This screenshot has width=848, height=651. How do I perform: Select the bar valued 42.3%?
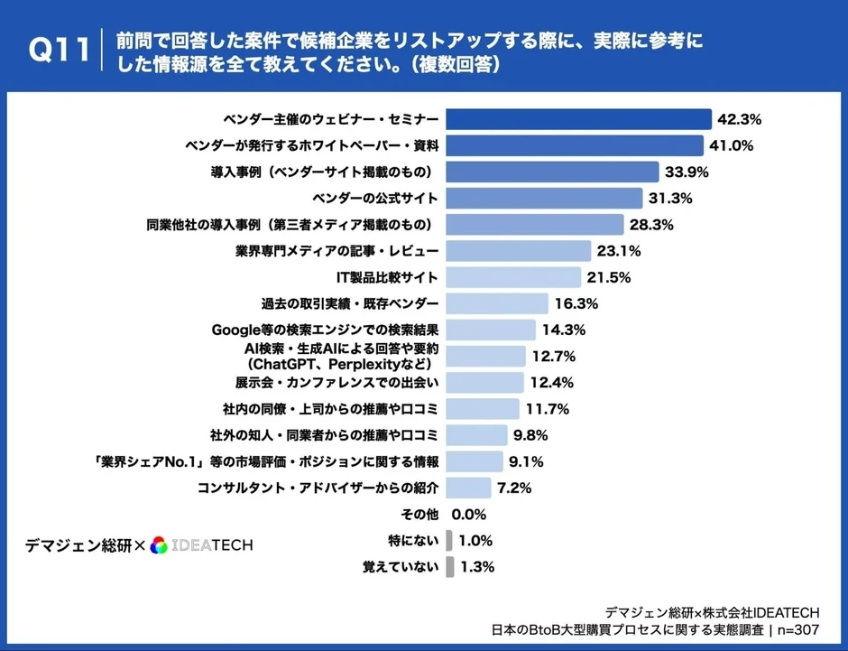pyautogui.click(x=579, y=119)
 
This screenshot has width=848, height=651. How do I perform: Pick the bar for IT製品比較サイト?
pyautogui.click(x=513, y=277)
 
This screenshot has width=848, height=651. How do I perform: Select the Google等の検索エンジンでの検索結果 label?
pyautogui.click(x=325, y=330)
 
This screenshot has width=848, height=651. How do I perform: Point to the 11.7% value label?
pyautogui.click(x=547, y=409)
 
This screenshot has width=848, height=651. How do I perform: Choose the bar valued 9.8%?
pyautogui.click(x=477, y=435)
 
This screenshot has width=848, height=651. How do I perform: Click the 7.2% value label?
pyautogui.click(x=513, y=488)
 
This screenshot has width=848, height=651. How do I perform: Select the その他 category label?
pyautogui.click(x=419, y=514)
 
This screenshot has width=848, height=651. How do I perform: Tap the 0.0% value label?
pyautogui.click(x=468, y=514)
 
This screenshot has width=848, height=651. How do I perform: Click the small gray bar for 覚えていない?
pyautogui.click(x=449, y=567)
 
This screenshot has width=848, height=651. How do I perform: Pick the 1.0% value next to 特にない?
pyautogui.click(x=475, y=541)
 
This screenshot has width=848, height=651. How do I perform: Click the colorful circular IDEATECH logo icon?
pyautogui.click(x=159, y=544)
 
